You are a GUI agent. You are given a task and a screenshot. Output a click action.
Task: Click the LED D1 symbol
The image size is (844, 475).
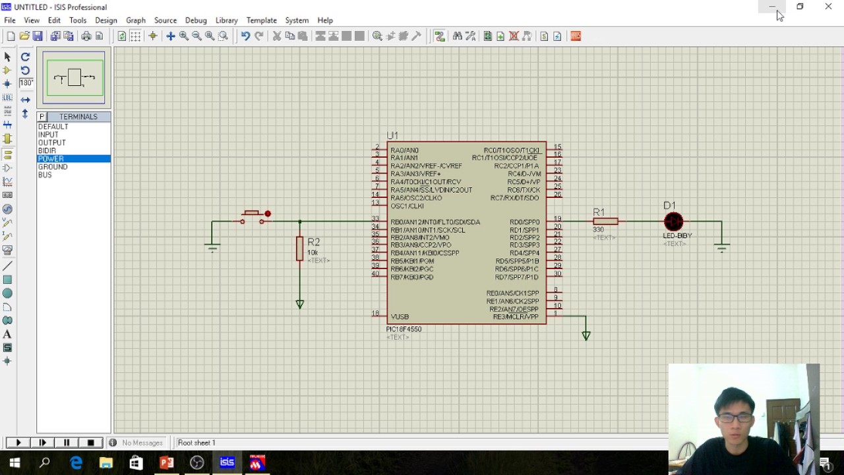pyautogui.click(x=673, y=222)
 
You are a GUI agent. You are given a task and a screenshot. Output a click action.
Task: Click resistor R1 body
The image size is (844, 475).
pyautogui.click(x=605, y=222)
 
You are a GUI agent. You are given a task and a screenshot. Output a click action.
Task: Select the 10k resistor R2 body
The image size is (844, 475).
pyautogui.click(x=300, y=249)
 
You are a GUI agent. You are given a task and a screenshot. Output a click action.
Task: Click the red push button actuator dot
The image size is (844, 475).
pyautogui.click(x=267, y=214)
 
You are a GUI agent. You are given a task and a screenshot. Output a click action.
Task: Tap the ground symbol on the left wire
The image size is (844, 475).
pyautogui.click(x=212, y=247)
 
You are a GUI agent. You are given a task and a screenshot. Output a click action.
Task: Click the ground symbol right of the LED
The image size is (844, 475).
pyautogui.click(x=721, y=248)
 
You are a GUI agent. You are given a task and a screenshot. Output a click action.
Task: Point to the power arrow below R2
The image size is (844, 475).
pyautogui.click(x=300, y=304)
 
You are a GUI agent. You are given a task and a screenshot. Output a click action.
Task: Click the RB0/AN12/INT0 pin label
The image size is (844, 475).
pyautogui.click(x=435, y=222)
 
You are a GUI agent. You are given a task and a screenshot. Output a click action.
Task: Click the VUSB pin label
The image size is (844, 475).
pyautogui.click(x=400, y=317)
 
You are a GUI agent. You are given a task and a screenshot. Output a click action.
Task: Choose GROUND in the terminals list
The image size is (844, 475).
pyautogui.click(x=53, y=167)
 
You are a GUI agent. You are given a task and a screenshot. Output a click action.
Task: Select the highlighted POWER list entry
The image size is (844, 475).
pyautogui.click(x=51, y=159)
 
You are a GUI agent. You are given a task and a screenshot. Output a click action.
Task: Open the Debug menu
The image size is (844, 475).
pyautogui.click(x=196, y=20)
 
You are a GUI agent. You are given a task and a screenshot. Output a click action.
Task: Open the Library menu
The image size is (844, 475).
pyautogui.click(x=226, y=20)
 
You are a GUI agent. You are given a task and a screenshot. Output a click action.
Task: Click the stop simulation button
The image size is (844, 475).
pyautogui.click(x=91, y=443)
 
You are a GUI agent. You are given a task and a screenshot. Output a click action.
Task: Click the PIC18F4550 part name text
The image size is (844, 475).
pyautogui.click(x=404, y=329)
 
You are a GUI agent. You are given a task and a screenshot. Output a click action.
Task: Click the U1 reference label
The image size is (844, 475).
pyautogui.click(x=392, y=135)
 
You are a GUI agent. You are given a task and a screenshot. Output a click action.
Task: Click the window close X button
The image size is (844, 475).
pyautogui.click(x=828, y=7)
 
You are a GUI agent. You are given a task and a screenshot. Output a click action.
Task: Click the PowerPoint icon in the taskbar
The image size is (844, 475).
pyautogui.click(x=166, y=463)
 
